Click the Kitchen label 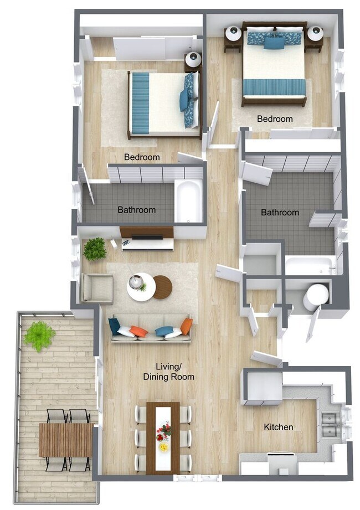pos(278,427)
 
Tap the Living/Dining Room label pos(168,372)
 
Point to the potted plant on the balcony pos(39,335)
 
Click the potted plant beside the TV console pos(95,249)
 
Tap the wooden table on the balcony pos(65,440)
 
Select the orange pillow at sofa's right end pos(187,326)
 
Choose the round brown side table pos(163,287)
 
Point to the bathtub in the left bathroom pos(189,201)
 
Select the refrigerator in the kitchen pos(263,387)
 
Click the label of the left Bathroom pos(136,210)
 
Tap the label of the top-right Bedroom pos(275,119)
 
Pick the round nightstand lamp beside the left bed pos(193,60)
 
